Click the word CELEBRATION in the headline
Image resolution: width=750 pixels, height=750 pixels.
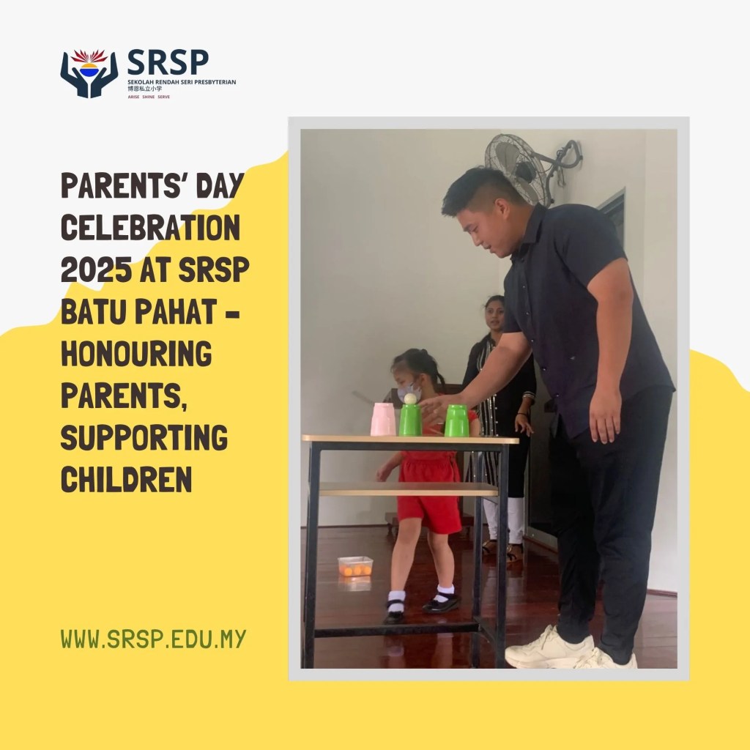coord(149,230)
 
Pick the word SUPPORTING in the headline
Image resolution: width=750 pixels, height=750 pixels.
coord(144,438)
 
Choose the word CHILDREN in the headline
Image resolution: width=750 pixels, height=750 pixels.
coord(126,480)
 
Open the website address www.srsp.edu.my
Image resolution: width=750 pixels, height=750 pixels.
coord(153,639)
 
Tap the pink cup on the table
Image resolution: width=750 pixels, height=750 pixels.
coord(383,419)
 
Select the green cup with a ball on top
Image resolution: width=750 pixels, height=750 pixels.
coord(410,420)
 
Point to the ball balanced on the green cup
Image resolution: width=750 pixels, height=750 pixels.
coord(410,398)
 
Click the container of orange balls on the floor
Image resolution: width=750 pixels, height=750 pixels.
coord(355,566)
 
